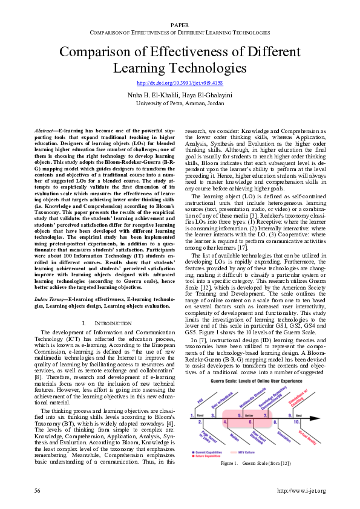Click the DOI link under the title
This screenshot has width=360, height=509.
click(x=180, y=82)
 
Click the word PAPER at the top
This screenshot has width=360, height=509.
click(x=180, y=24)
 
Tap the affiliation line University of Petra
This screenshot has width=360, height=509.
click(x=180, y=103)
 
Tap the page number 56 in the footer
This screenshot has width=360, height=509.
click(x=38, y=490)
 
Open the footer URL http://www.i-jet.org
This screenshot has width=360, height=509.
click(x=301, y=490)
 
